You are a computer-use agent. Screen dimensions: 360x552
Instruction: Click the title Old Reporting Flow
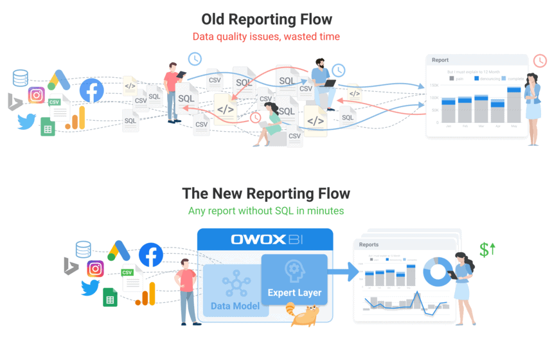click(267, 19)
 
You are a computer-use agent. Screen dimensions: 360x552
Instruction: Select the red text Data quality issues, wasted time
click(267, 37)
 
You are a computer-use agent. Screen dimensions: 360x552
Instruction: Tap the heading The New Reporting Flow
click(266, 194)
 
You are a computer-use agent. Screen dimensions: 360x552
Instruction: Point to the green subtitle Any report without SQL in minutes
click(266, 211)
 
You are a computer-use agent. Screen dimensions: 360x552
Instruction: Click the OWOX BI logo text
click(265, 240)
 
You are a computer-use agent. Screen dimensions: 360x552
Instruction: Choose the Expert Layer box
click(294, 280)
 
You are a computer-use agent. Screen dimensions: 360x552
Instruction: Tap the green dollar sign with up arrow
click(487, 249)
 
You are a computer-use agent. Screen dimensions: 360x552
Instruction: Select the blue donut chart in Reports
click(438, 273)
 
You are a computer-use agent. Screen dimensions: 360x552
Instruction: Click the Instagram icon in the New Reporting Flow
click(95, 269)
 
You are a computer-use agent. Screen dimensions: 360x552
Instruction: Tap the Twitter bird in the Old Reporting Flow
click(26, 121)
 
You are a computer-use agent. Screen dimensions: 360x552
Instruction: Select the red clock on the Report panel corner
click(540, 60)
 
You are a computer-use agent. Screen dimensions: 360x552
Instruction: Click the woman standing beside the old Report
click(533, 106)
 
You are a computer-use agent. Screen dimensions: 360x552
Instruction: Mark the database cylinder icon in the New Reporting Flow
click(83, 248)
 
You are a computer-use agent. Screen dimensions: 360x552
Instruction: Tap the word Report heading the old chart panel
click(440, 60)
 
